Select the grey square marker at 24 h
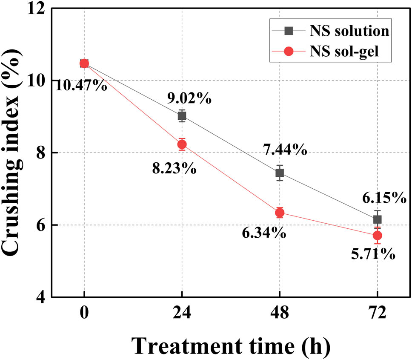(182, 116)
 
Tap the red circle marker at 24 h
(182, 144)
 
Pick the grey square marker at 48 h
(280, 173)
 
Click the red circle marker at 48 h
(280, 213)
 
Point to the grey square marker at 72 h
(377, 219)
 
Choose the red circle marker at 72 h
(377, 236)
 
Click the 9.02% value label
(189, 99)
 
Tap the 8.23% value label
(174, 168)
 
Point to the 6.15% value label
(384, 198)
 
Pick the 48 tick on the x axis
(280, 314)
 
